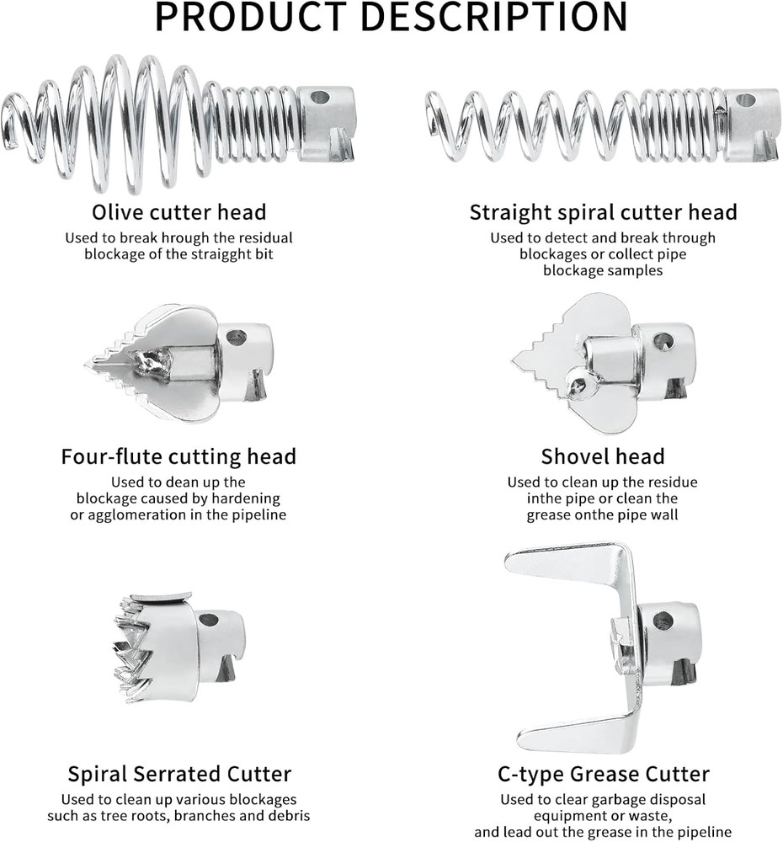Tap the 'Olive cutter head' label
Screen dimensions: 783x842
[178, 212]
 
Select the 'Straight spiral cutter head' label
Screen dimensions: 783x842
[603, 213]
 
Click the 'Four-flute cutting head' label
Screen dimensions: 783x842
[178, 456]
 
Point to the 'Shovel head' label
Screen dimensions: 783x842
[603, 456]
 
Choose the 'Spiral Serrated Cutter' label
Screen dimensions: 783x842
[179, 774]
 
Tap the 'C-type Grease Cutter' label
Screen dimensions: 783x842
[603, 775]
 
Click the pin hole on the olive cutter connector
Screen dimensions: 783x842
[320, 98]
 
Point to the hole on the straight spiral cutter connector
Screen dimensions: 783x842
[746, 100]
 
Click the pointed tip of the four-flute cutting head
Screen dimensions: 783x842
[86, 366]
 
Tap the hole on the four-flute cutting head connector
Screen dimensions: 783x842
[237, 338]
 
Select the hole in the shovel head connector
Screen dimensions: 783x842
[662, 341]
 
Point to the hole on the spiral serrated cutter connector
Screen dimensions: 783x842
[208, 620]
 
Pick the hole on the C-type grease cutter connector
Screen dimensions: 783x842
[663, 621]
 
